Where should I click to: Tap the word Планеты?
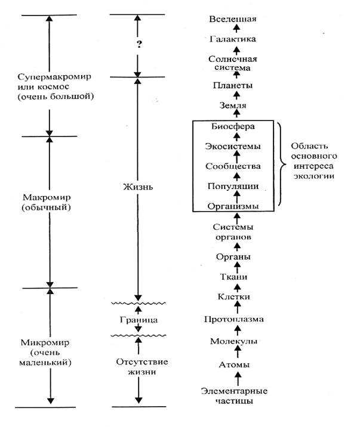[x=233, y=85]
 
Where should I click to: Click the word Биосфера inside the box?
[x=233, y=126]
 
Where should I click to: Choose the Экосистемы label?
[x=233, y=146]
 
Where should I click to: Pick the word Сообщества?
[x=233, y=166]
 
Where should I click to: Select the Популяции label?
[x=233, y=186]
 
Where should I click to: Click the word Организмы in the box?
[x=233, y=206]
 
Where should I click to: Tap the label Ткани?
[x=233, y=277]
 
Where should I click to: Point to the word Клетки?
[x=233, y=296]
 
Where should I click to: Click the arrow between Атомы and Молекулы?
[x=238, y=352]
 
